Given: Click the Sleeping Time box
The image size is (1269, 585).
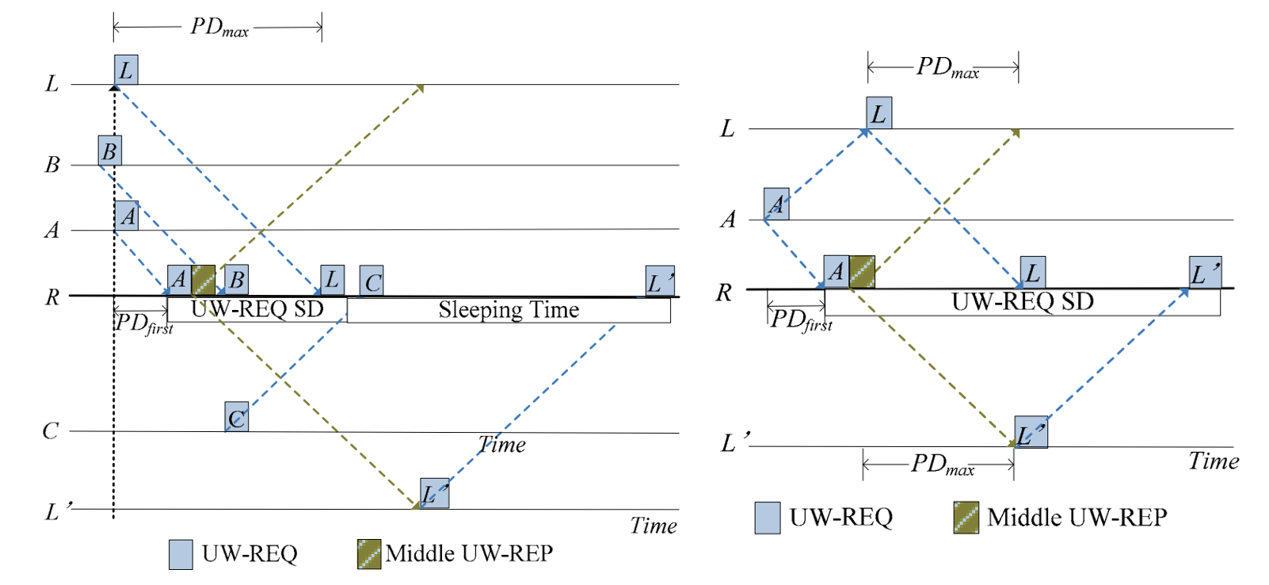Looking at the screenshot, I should (x=509, y=310).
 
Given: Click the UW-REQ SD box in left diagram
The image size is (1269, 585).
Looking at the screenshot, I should (x=257, y=309).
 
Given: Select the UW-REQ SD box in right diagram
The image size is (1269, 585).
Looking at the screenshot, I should (x=1022, y=302).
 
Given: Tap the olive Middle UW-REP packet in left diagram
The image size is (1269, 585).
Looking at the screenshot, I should (x=204, y=280).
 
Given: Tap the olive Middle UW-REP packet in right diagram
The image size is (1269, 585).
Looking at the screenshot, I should (x=862, y=271).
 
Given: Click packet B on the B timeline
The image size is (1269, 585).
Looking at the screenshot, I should (x=110, y=151).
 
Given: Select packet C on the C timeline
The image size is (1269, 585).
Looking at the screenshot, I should (x=237, y=417).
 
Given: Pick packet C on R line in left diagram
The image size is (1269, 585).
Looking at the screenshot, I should (x=372, y=281).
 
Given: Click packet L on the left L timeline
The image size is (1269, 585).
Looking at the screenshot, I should (x=126, y=70).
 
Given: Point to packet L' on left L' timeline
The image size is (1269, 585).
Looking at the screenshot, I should (x=435, y=493).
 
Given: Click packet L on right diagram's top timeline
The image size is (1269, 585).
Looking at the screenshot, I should (x=879, y=113).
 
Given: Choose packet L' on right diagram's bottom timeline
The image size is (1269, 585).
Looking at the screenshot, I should (x=1031, y=432).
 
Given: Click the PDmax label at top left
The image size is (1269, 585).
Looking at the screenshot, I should (x=219, y=27).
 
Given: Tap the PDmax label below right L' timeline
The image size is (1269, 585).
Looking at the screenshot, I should (x=942, y=465).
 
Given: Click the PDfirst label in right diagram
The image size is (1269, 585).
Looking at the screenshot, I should (x=801, y=320).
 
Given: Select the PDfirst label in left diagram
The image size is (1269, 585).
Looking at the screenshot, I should (x=144, y=323).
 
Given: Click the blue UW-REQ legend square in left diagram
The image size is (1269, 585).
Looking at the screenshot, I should (x=181, y=554).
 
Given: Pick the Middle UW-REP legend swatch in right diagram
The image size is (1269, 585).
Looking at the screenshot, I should (x=966, y=518).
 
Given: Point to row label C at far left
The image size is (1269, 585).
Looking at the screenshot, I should (x=51, y=431).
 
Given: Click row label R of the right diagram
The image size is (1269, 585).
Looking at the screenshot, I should (x=723, y=293).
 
